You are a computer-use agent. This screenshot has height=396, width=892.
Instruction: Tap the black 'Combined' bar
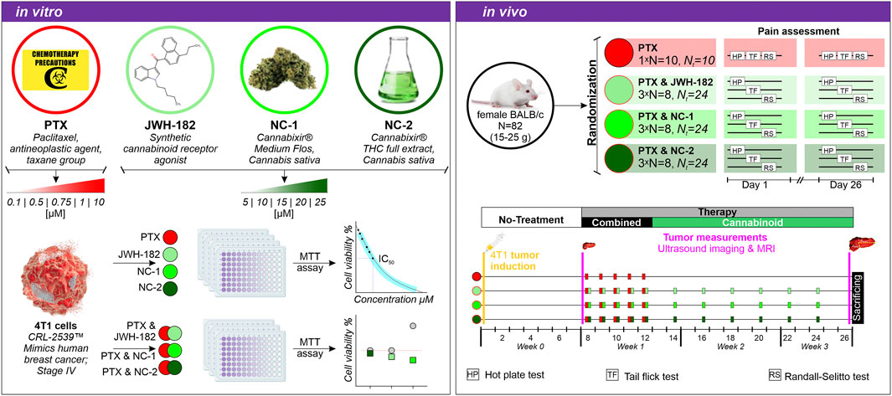pos(616,222)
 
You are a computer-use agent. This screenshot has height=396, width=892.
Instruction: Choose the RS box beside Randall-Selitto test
pos(774,375)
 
